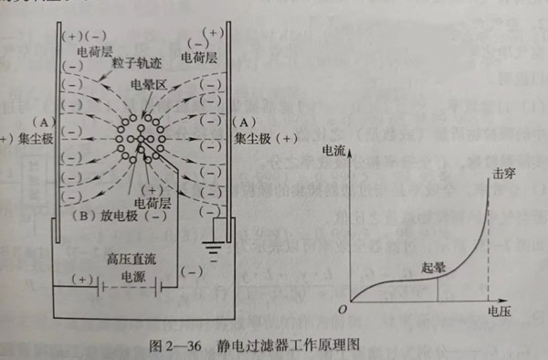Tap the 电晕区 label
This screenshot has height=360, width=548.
tap(148, 84)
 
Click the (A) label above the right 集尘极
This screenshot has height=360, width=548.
tap(244, 121)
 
